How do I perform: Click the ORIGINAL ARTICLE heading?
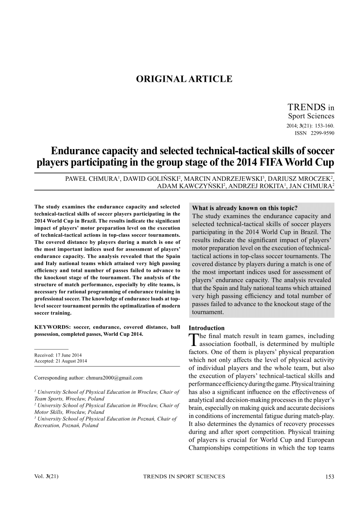tap(184, 79)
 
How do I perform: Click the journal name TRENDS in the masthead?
tap(307, 107)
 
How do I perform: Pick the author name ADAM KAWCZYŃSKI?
tap(190, 185)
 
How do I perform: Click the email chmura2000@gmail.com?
tap(114, 377)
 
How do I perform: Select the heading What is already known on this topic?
tap(245, 208)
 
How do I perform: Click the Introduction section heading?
tap(206, 328)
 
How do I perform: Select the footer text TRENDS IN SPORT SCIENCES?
tap(184, 476)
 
